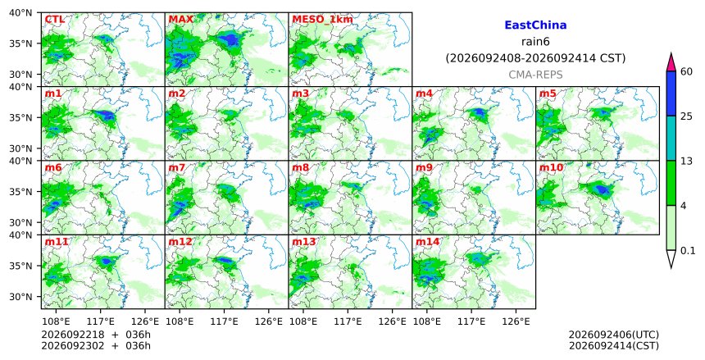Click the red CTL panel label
(54, 20)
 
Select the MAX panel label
(180, 20)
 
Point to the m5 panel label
(548, 93)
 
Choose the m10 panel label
(551, 167)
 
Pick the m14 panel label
(428, 242)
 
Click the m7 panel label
(177, 167)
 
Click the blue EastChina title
(535, 25)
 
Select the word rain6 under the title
(535, 42)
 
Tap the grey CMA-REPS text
(535, 75)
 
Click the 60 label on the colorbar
(687, 71)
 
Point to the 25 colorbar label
(687, 116)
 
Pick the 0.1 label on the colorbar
(689, 251)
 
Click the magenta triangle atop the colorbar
(671, 63)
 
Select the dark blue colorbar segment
(671, 93)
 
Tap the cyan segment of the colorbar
(671, 138)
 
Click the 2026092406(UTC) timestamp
(614, 335)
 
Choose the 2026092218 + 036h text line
(96, 335)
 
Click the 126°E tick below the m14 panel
(516, 321)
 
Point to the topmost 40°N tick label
(20, 12)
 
